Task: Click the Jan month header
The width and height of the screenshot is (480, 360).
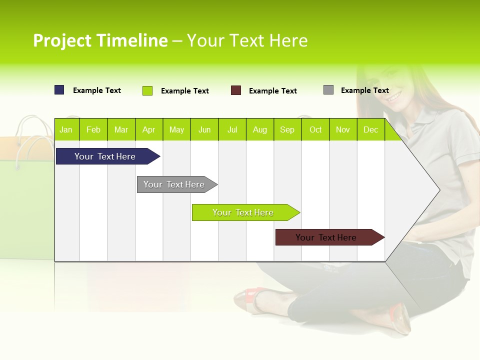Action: click(66, 129)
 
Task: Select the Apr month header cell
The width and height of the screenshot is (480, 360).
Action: click(149, 129)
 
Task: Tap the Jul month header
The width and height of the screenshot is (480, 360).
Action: click(232, 129)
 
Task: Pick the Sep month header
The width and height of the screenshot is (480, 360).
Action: click(287, 129)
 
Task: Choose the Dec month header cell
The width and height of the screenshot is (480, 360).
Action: click(370, 129)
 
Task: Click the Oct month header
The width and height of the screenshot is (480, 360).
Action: click(315, 129)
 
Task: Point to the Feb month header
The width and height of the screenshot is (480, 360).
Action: click(93, 129)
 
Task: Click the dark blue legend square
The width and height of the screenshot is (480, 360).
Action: click(59, 90)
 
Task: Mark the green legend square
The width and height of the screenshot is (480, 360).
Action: click(147, 90)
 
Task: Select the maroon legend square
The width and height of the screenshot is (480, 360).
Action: click(236, 90)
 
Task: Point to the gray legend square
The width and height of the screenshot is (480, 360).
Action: click(328, 90)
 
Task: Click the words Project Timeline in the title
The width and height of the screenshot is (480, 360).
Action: click(100, 40)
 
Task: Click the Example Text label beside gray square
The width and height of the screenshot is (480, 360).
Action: click(364, 90)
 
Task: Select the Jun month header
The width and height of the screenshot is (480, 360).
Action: click(204, 129)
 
